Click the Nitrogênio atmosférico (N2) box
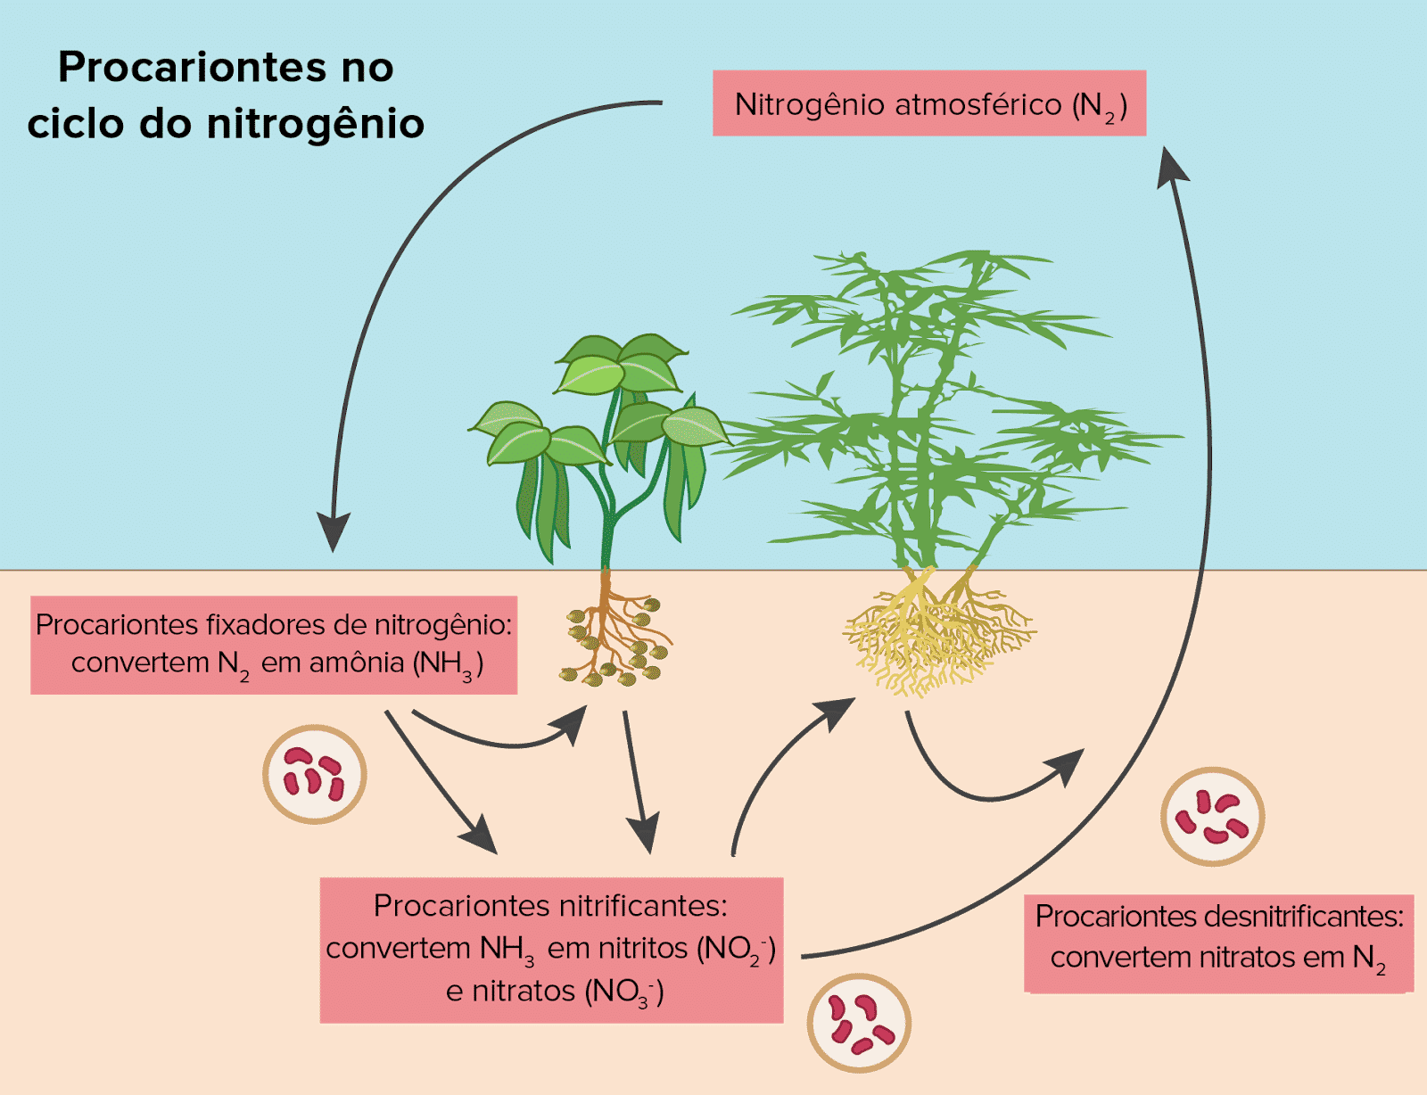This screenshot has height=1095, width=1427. pyautogui.click(x=928, y=103)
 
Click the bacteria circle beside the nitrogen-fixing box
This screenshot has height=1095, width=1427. pyautogui.click(x=315, y=774)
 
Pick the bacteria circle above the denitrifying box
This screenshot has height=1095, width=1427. pyautogui.click(x=1212, y=816)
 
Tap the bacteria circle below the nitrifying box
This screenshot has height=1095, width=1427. pyautogui.click(x=859, y=1023)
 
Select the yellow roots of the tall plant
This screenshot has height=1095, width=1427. pyautogui.click(x=936, y=633)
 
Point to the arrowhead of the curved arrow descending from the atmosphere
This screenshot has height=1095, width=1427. pyautogui.click(x=334, y=532)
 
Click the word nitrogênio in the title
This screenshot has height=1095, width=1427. pyautogui.click(x=315, y=123)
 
